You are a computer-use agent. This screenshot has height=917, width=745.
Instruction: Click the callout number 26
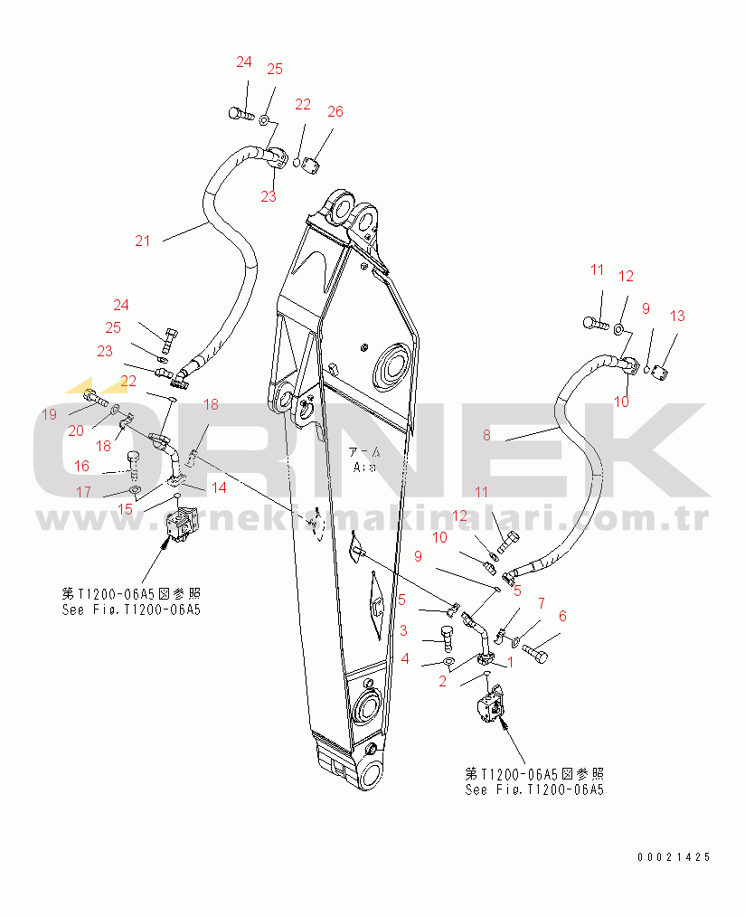[335, 111]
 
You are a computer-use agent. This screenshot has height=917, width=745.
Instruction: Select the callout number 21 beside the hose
[143, 240]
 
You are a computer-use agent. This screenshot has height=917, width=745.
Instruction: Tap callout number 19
[49, 414]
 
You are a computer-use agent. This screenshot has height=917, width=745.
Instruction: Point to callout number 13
[677, 316]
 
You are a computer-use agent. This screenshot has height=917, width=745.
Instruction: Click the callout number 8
[486, 435]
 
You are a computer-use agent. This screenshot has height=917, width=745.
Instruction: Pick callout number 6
[562, 616]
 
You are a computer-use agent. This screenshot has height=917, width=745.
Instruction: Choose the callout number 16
[81, 466]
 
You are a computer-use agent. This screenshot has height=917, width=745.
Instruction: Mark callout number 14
[219, 487]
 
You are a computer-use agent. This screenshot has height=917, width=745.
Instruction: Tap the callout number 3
[403, 629]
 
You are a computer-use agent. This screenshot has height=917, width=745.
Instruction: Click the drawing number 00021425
[673, 856]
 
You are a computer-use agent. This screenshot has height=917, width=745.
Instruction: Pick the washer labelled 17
[135, 491]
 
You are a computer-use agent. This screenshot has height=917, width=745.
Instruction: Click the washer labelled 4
[449, 663]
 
